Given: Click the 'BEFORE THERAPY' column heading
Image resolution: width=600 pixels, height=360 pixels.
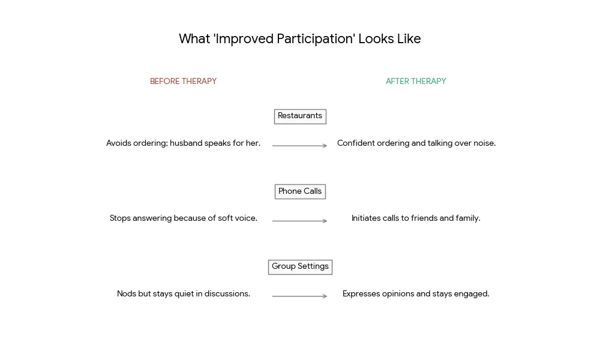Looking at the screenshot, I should [x=183, y=82].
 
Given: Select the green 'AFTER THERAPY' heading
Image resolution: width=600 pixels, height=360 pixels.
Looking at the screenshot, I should [x=416, y=82].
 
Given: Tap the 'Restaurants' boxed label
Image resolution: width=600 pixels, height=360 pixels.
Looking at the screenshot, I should [x=300, y=116].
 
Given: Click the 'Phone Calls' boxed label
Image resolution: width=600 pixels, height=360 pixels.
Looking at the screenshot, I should [x=300, y=191].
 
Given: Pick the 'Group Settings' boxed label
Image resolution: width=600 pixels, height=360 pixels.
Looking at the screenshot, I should [x=300, y=267].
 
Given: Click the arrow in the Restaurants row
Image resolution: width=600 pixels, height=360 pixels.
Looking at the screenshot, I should [x=299, y=146].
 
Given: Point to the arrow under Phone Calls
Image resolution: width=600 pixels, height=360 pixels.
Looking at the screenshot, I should [x=299, y=221].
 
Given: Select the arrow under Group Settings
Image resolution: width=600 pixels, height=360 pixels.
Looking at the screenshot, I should [x=299, y=296].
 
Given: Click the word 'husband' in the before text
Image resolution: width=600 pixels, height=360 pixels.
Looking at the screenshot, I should [x=186, y=143].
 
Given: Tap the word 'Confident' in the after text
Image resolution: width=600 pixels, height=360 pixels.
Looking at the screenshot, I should [x=356, y=143].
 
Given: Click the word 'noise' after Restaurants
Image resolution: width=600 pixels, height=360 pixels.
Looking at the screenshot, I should [x=483, y=143].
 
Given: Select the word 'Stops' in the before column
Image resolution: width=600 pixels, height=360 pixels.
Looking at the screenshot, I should [x=121, y=218].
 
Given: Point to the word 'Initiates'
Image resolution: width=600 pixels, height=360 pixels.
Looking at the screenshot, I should [x=366, y=218].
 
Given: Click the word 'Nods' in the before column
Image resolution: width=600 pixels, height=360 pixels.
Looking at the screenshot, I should [x=126, y=294].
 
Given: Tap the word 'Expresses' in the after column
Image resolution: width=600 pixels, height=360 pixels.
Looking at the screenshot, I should [x=361, y=294].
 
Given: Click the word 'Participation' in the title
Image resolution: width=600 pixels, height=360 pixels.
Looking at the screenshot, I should [x=315, y=40].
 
